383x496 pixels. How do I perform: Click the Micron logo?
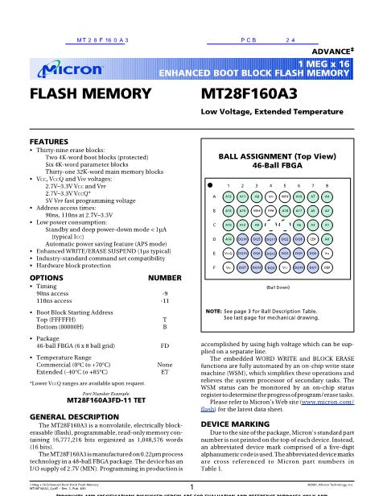(x=69, y=69)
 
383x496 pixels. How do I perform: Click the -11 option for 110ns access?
(x=165, y=300)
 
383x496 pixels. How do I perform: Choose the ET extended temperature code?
(x=165, y=373)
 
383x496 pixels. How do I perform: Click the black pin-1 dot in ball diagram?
(x=211, y=184)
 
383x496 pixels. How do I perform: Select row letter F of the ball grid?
(x=214, y=267)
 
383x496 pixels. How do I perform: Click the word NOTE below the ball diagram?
(x=213, y=311)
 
